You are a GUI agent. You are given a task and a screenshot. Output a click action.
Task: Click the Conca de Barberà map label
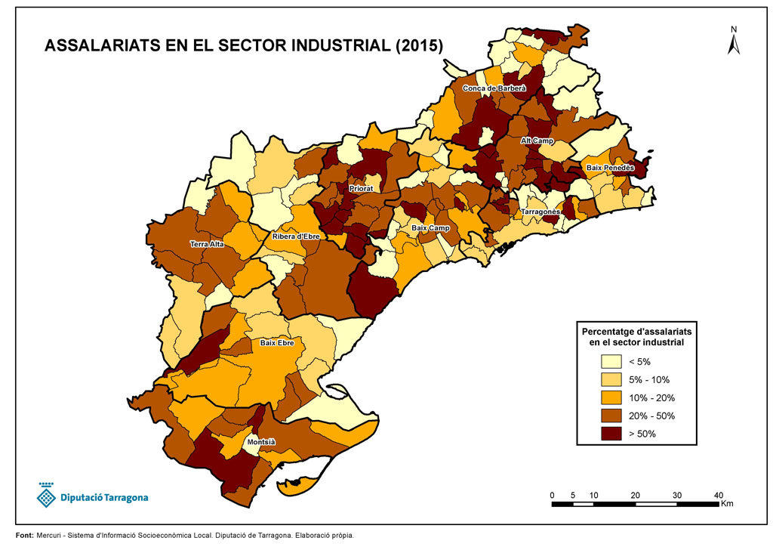pos(494,89)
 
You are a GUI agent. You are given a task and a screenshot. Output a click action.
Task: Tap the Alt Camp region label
pos(537,141)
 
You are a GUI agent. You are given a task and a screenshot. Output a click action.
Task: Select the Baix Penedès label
pos(610,168)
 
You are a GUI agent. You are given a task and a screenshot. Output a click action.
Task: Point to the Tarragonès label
pos(540,212)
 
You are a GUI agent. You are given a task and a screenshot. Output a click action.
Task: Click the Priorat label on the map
pos(361,188)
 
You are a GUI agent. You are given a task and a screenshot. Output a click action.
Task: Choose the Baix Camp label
pos(430,228)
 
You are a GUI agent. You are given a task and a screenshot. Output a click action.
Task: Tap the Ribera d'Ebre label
pos(298,236)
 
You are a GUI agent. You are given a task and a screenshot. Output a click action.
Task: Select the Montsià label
pos(261,442)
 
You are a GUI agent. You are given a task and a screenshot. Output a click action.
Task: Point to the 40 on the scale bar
pos(719,495)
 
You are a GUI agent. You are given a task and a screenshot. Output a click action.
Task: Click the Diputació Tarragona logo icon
pos(47,495)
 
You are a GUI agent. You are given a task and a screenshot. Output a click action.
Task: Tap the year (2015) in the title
pos(419,45)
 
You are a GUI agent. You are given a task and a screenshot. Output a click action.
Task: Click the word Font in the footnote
pos(23,536)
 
